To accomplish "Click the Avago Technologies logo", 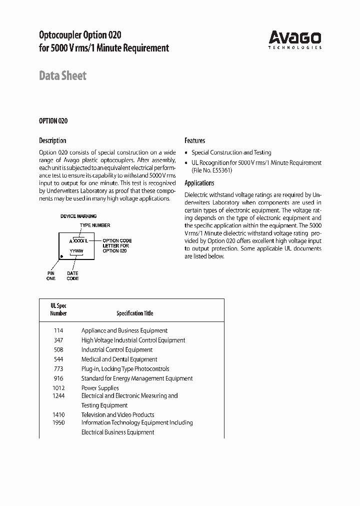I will pos(294,39).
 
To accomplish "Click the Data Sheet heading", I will pos(62,76).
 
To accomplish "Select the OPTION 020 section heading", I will pos(53,121).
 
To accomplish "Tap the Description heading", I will pos(52,140).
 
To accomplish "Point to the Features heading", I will pos(194,140).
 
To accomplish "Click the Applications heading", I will pos(199,183).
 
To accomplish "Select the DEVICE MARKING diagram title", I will pos(78,216).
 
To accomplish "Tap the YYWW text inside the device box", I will pos(76,250).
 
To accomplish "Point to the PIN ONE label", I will pos(51,275).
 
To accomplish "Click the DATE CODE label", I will pos(72,275).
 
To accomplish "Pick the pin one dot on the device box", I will pos(61,256).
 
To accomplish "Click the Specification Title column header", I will pos(134,313).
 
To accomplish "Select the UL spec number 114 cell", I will pos(58,330).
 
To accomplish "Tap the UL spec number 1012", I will pos(58,388).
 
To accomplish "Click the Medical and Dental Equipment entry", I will pos(119,359).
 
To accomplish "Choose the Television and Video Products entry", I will pos(117,414).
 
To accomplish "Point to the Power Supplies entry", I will pos(100,388).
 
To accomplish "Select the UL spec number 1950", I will pos(58,422).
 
